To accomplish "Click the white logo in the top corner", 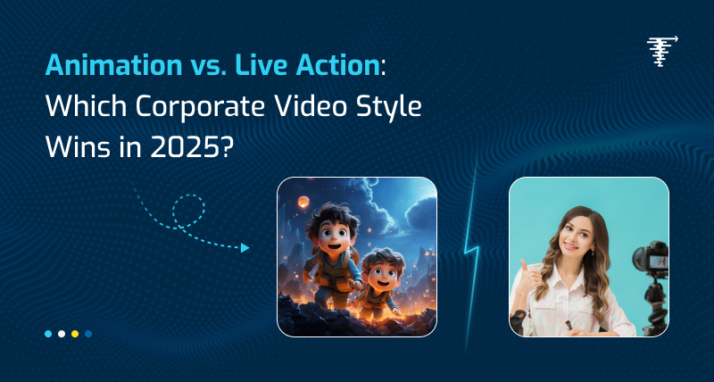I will tap(660, 53).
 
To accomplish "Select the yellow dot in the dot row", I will tap(75, 333).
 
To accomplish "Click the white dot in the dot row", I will tap(62, 333).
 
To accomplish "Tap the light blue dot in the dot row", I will tap(48, 333).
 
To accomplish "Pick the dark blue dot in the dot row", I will tap(88, 333).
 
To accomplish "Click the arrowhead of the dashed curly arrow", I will tap(245, 248).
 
